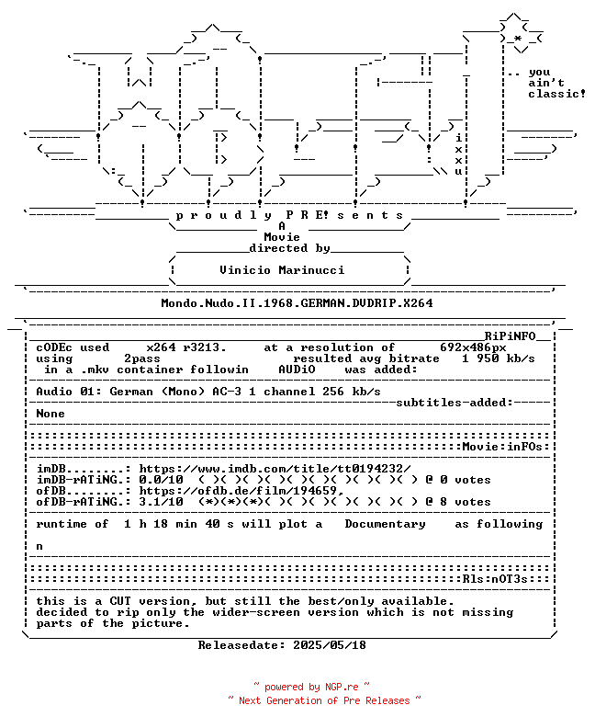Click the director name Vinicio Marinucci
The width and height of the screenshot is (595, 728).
pos(282,270)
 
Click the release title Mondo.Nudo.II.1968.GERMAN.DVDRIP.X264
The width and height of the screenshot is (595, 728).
pos(297,303)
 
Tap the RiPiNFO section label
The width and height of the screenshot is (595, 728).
pos(511,336)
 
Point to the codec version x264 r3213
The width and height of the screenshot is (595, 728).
pos(186,347)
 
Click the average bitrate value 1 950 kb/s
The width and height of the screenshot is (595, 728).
pos(498,358)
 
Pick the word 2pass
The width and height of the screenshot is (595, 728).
pos(142,358)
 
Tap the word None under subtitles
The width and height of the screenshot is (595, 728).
pos(51,414)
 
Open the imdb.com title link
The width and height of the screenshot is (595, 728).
pos(275,469)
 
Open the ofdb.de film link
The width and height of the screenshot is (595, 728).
pos(241,491)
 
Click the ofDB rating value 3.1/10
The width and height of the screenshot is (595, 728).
pos(161,502)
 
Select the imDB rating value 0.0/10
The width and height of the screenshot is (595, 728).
pos(161,480)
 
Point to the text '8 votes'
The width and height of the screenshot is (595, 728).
pos(466,502)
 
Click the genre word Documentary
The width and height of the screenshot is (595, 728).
pos(385,524)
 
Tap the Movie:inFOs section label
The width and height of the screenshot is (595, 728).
pos(502,447)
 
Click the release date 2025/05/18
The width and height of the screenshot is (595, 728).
pos(330,645)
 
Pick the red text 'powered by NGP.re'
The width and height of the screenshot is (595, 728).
pos(311,688)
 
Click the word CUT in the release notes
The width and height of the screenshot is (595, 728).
pos(120,601)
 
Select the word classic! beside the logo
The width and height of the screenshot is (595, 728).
pos(557,94)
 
